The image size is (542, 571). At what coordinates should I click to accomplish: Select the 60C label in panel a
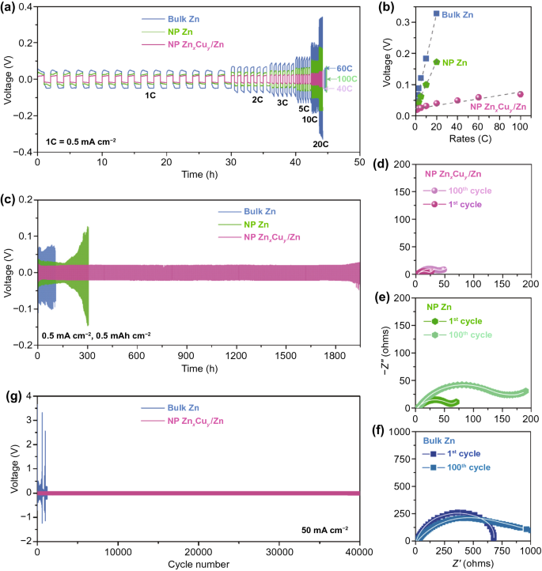pyautogui.click(x=347, y=68)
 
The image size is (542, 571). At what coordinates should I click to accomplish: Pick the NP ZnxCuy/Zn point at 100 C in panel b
pyautogui.click(x=520, y=94)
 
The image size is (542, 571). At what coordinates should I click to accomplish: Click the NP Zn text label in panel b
pyautogui.click(x=454, y=62)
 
